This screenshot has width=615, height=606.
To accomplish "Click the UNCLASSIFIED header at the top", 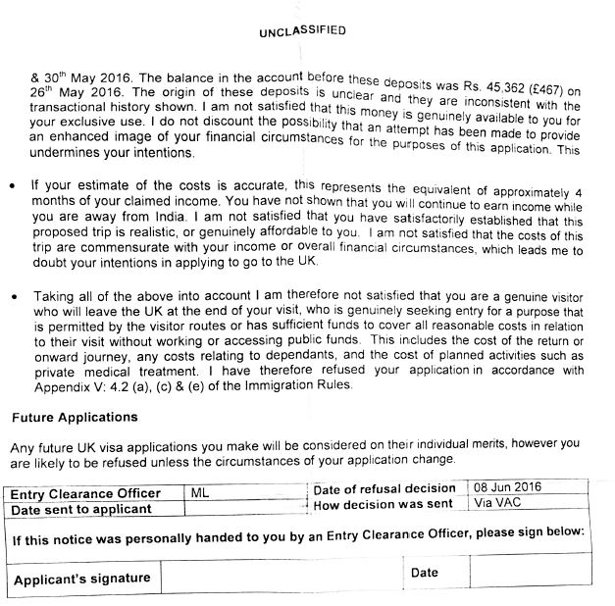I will pos(302,30).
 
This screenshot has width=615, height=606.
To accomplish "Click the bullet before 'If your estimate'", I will pos(11,184).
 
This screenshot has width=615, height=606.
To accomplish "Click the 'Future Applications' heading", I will pos(67,416).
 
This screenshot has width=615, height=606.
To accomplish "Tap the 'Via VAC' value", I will pos(494,503).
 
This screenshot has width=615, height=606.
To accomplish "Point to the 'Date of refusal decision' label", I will pos(384,488).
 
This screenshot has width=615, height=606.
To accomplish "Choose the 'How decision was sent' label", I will pos(384,504).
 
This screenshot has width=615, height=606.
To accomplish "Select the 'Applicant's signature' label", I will pos(82,578).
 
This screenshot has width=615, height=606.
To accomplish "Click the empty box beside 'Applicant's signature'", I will pos(280,577).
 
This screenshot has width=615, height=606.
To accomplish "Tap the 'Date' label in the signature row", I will pos(425,571).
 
